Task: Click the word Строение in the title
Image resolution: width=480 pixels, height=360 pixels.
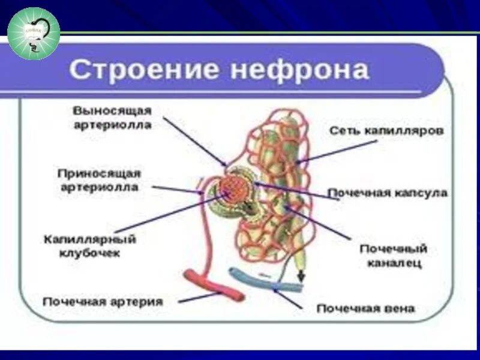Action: (x=144, y=70)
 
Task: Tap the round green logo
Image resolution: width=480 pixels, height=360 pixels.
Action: (x=34, y=34)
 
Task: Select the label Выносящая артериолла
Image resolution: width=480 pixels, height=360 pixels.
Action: (x=112, y=118)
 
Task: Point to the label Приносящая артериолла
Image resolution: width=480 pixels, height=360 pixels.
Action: (x=99, y=180)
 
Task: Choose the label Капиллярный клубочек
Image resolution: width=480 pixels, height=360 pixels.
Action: (x=90, y=246)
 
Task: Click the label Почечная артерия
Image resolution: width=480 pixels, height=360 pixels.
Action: (x=103, y=301)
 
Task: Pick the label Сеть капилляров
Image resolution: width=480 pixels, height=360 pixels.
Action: (x=386, y=130)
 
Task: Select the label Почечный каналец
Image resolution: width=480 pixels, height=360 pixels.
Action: (x=393, y=256)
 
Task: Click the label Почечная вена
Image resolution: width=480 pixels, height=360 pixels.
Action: (x=365, y=308)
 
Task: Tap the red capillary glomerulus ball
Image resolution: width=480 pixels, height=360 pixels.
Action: (x=230, y=188)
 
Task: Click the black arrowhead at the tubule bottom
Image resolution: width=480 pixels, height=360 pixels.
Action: (x=300, y=277)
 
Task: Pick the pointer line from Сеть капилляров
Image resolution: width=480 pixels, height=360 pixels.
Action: (x=336, y=150)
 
